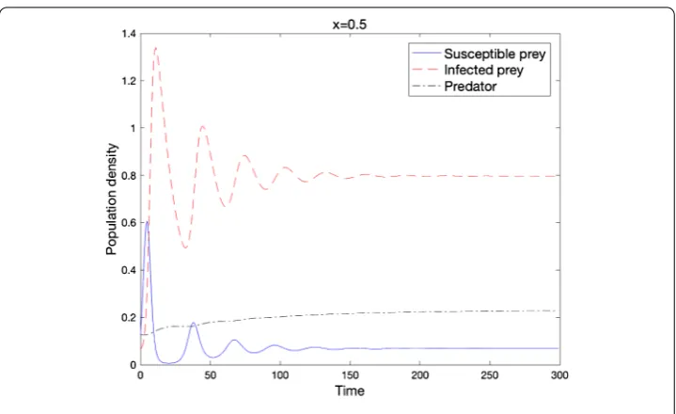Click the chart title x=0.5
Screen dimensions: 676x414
coord(349,24)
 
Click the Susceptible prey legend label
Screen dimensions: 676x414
coord(495,54)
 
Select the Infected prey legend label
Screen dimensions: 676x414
coord(483,70)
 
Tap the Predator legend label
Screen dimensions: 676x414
coord(470,87)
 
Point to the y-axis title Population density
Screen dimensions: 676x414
coord(111,199)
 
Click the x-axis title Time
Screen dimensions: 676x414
coord(350,390)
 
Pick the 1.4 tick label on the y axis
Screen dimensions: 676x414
coord(129,34)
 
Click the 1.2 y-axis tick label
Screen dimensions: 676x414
coord(129,81)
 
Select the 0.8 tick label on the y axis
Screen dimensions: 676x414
coord(129,176)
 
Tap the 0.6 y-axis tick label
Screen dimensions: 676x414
coord(129,223)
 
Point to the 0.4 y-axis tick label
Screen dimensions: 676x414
coord(129,270)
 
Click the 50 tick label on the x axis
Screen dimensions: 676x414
coord(210,375)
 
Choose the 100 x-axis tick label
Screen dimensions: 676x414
coord(280,375)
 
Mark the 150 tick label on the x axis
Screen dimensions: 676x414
coord(350,375)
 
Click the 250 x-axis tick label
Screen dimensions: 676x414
coord(490,375)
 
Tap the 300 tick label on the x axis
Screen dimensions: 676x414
coord(559,375)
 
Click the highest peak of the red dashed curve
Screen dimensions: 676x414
coord(156,48)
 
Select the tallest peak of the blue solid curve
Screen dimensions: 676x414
coord(147,222)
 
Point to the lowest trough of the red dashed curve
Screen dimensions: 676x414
coord(185,247)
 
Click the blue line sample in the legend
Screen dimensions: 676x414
coord(426,54)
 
